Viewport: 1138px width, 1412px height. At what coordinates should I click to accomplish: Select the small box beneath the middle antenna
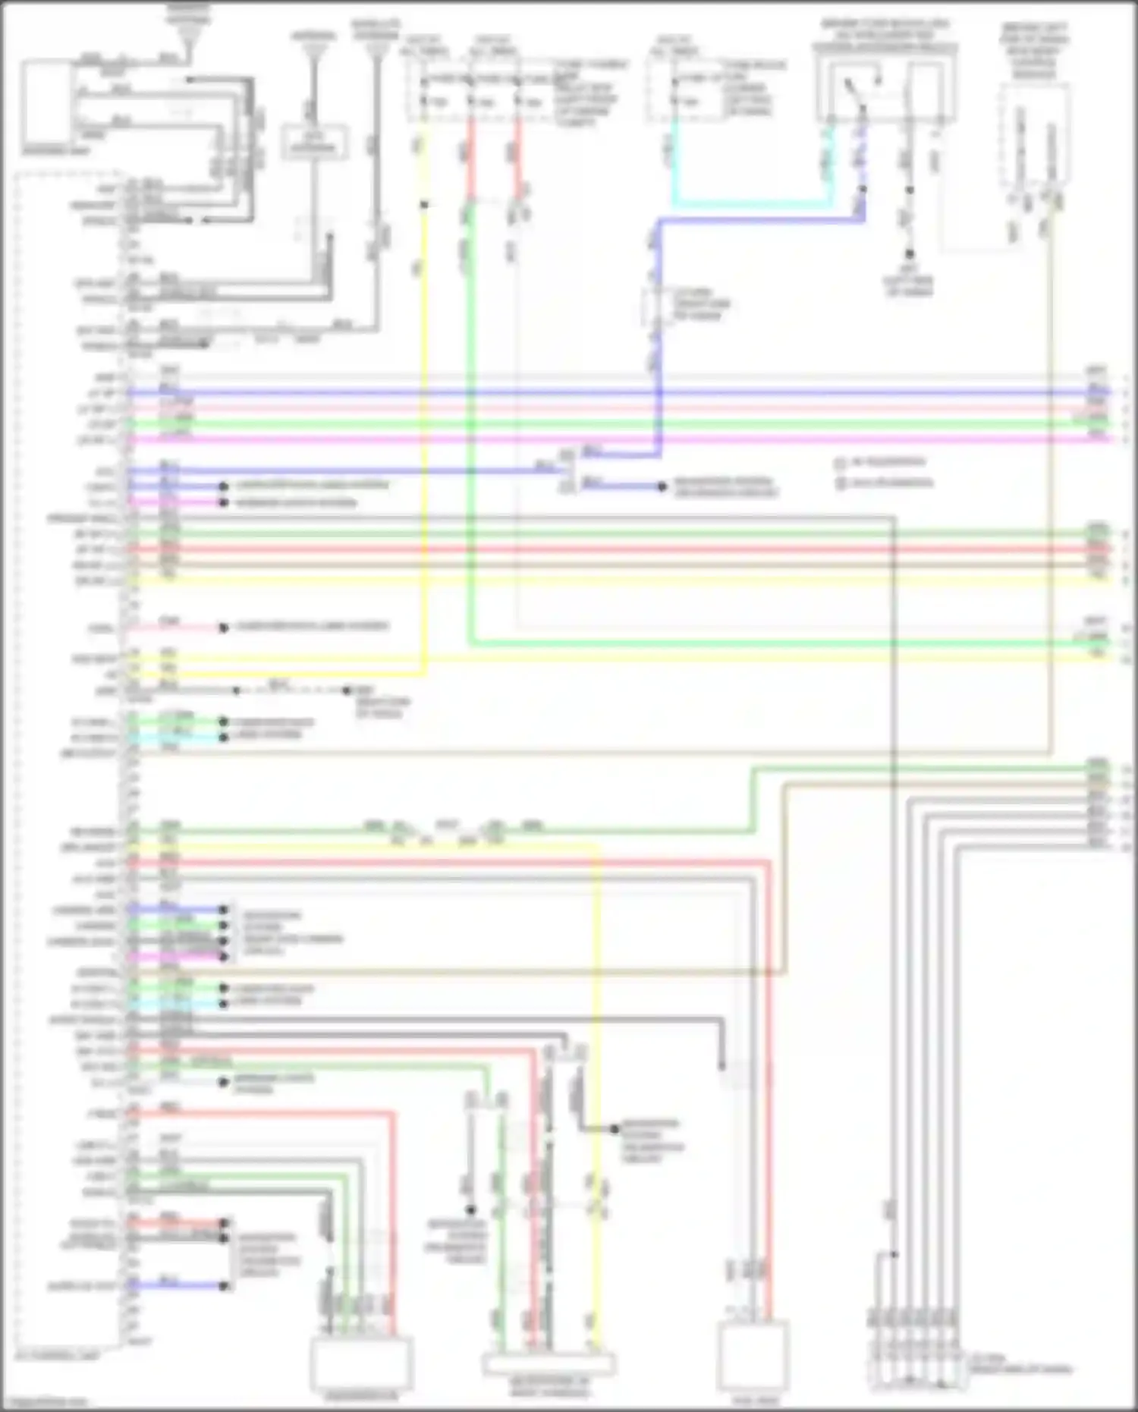click(x=316, y=142)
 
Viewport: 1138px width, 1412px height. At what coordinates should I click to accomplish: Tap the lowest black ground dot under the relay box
click(x=908, y=254)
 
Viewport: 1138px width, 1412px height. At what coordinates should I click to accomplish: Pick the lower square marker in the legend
click(x=840, y=483)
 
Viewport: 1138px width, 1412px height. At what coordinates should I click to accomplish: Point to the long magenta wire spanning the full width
click(x=607, y=439)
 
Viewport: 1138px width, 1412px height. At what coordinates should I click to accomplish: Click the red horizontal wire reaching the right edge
click(x=607, y=549)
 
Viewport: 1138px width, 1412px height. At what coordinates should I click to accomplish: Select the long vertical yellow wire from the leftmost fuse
click(x=423, y=425)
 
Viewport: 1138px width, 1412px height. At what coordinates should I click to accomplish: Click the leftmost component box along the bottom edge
click(x=362, y=1362)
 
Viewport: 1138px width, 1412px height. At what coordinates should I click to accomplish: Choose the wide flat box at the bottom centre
click(x=549, y=1363)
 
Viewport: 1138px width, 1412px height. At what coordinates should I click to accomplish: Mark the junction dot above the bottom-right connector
click(x=894, y=1254)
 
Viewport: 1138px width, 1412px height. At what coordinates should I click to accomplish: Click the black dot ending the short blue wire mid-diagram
click(x=662, y=486)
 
